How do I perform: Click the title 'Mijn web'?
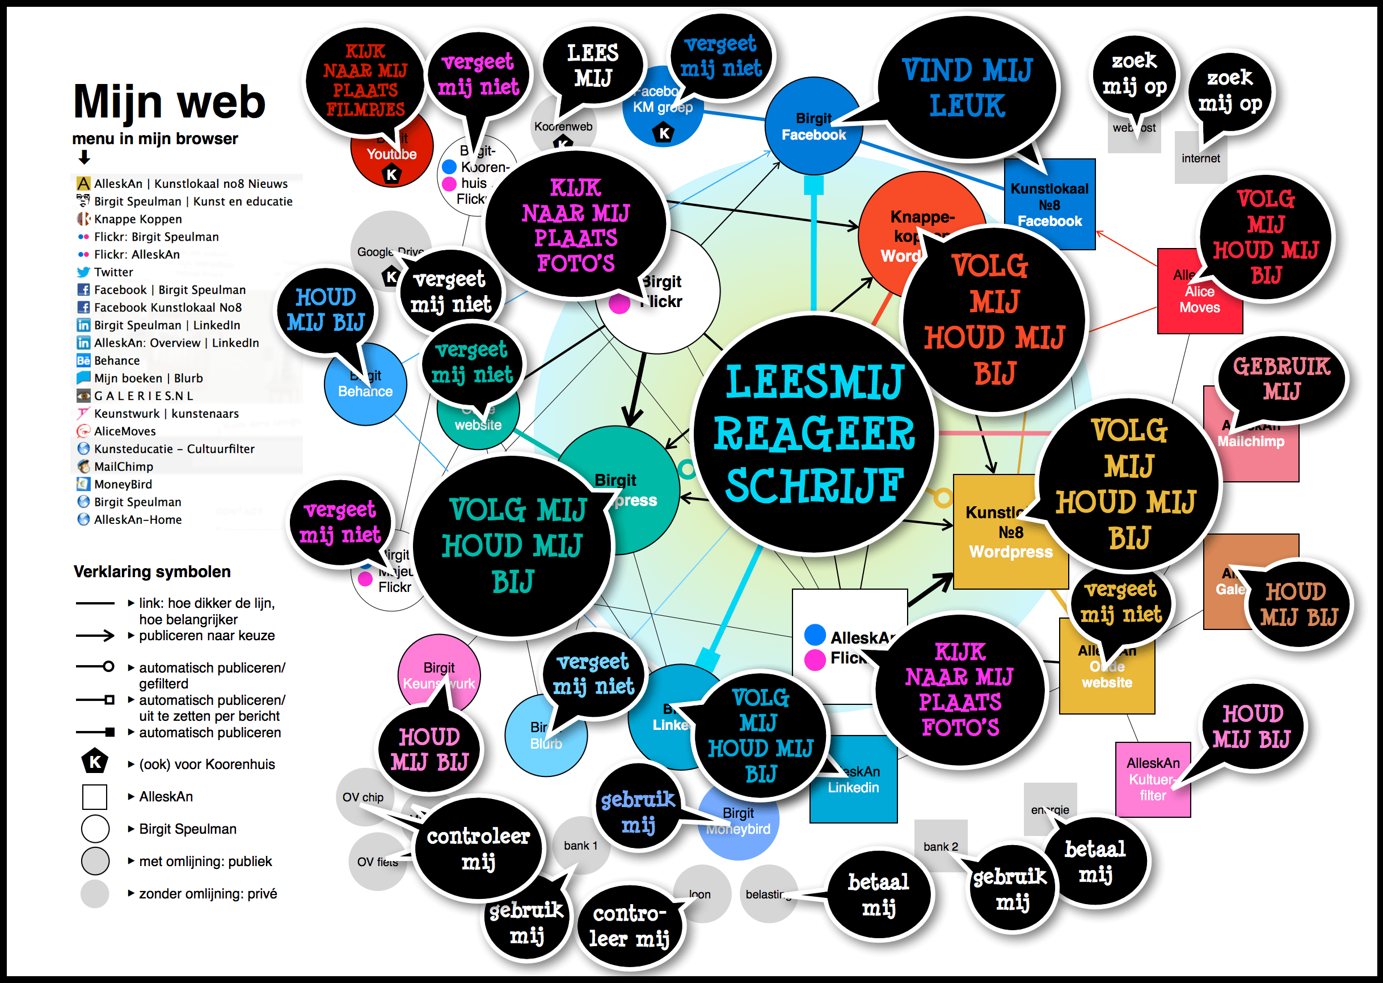pos(170,101)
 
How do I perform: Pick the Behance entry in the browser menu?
pos(116,361)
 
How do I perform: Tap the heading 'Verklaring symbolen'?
pos(152,572)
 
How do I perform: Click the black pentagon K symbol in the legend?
pos(95,762)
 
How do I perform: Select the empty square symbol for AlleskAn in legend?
pos(95,797)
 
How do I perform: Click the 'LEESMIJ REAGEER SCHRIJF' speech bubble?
pos(813,434)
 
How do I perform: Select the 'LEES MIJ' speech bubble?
pos(593,65)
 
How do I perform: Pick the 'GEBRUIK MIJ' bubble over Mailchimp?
pos(1281,379)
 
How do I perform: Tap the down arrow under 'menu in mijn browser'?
pos(84,157)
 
